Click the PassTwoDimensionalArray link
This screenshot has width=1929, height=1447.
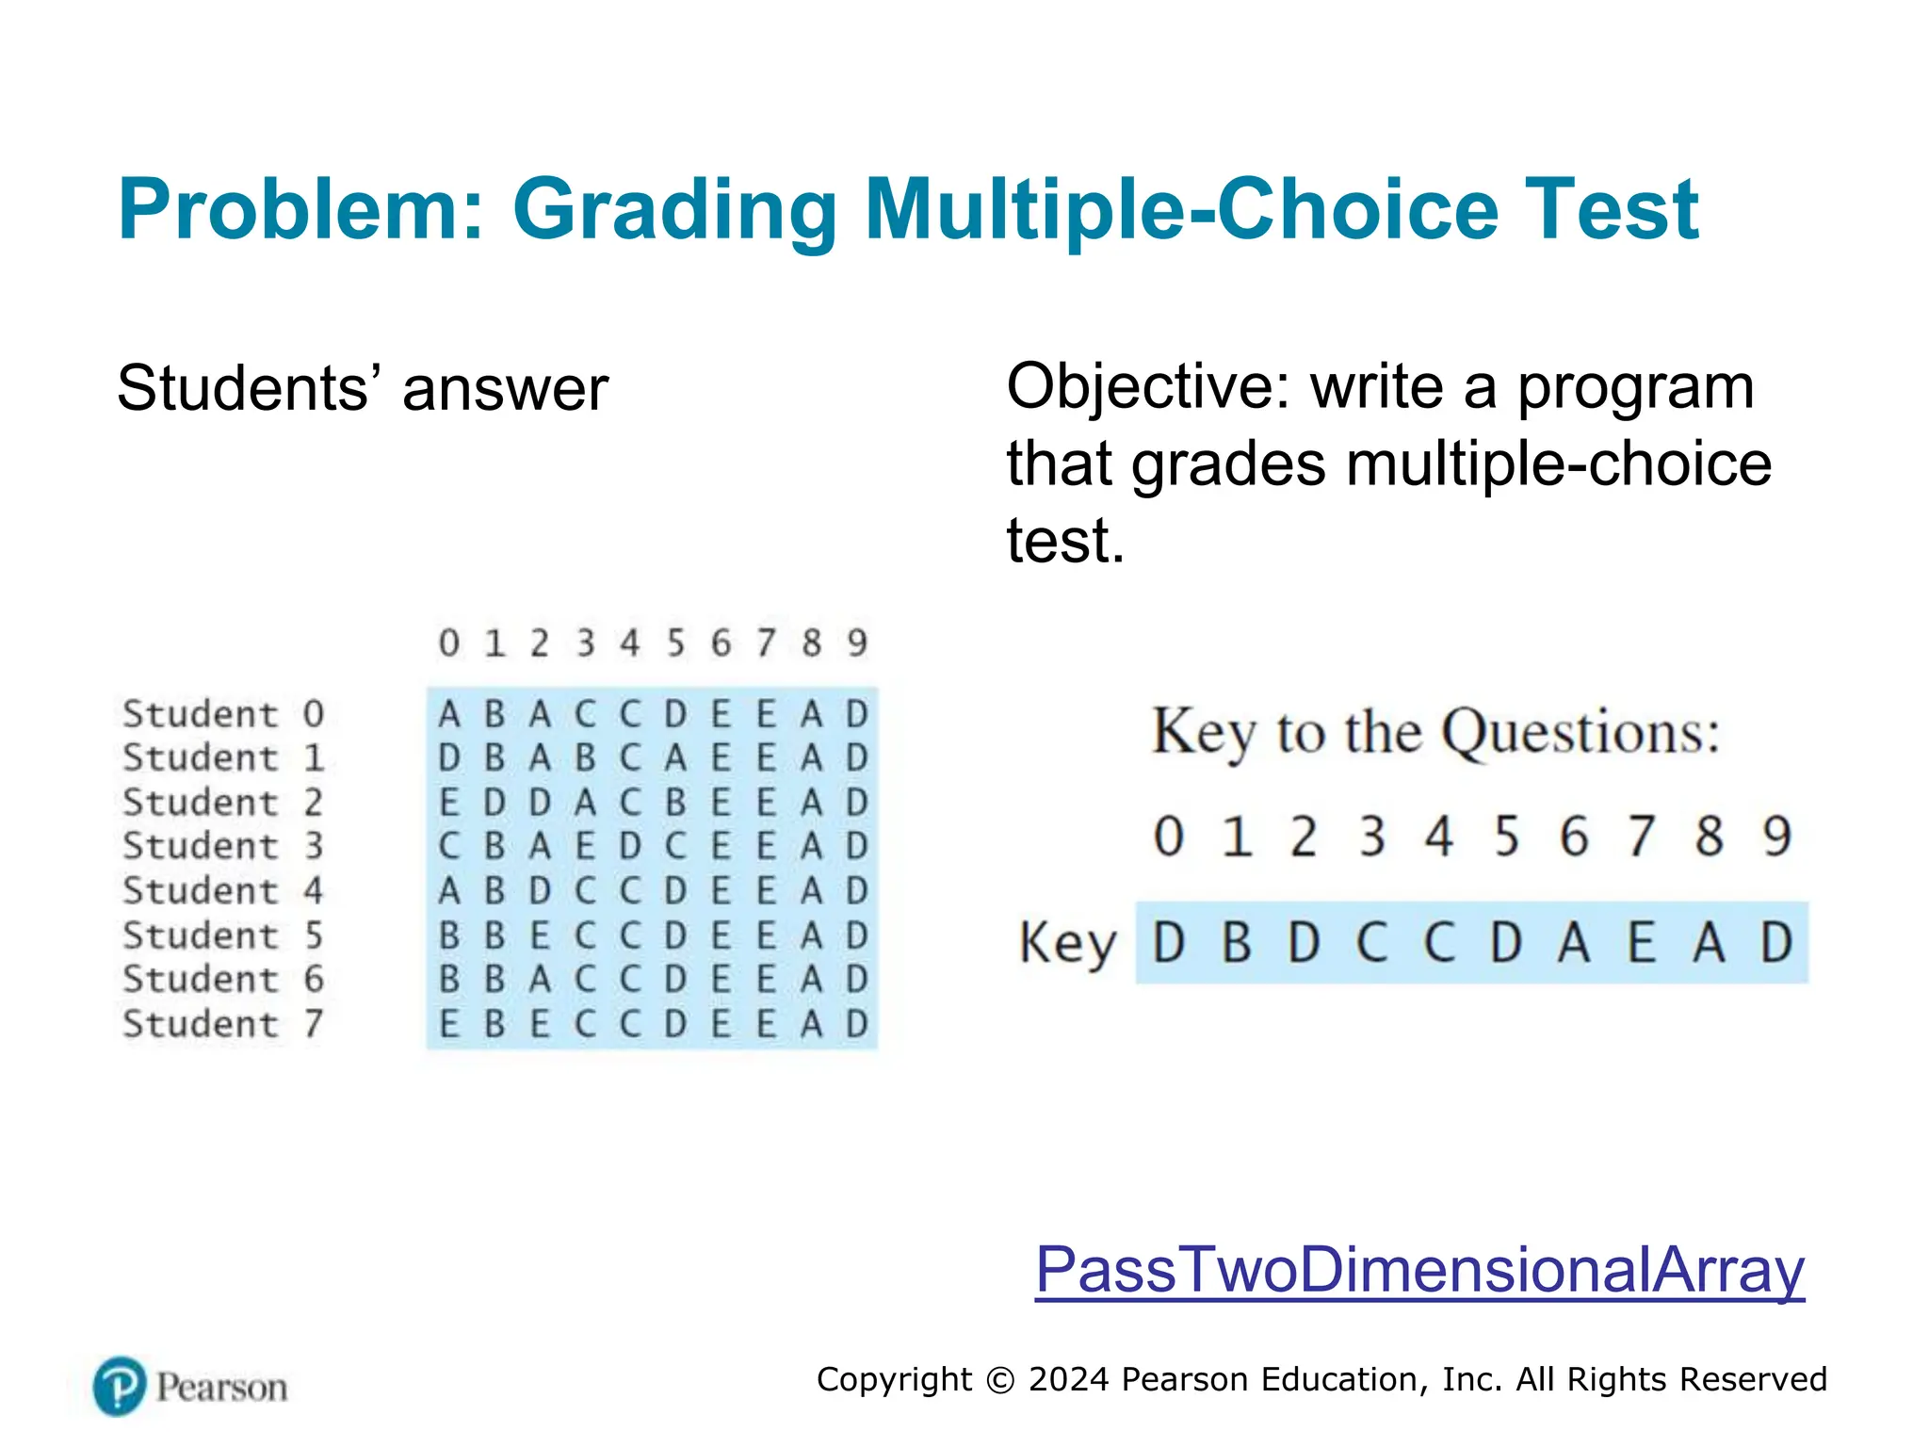point(1418,1270)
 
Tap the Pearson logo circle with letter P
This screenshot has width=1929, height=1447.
point(120,1386)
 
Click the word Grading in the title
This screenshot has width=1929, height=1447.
point(674,211)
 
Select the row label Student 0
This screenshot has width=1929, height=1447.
point(223,714)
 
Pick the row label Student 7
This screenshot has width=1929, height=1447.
point(223,1024)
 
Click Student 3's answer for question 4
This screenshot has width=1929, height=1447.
point(630,847)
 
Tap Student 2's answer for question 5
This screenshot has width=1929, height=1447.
point(675,803)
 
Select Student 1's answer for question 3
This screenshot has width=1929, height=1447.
point(585,758)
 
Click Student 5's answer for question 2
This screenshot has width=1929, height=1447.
point(540,936)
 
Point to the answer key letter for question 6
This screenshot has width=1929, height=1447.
point(1574,943)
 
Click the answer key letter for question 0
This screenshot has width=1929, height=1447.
point(1169,943)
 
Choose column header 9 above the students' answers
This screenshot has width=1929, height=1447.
point(856,643)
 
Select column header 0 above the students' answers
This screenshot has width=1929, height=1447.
point(449,643)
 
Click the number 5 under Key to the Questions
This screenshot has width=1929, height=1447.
point(1507,837)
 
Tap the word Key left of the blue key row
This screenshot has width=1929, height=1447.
point(1067,943)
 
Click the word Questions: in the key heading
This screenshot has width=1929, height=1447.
point(1581,733)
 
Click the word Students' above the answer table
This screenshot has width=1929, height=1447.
point(249,389)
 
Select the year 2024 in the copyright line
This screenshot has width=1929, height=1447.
point(1069,1379)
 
